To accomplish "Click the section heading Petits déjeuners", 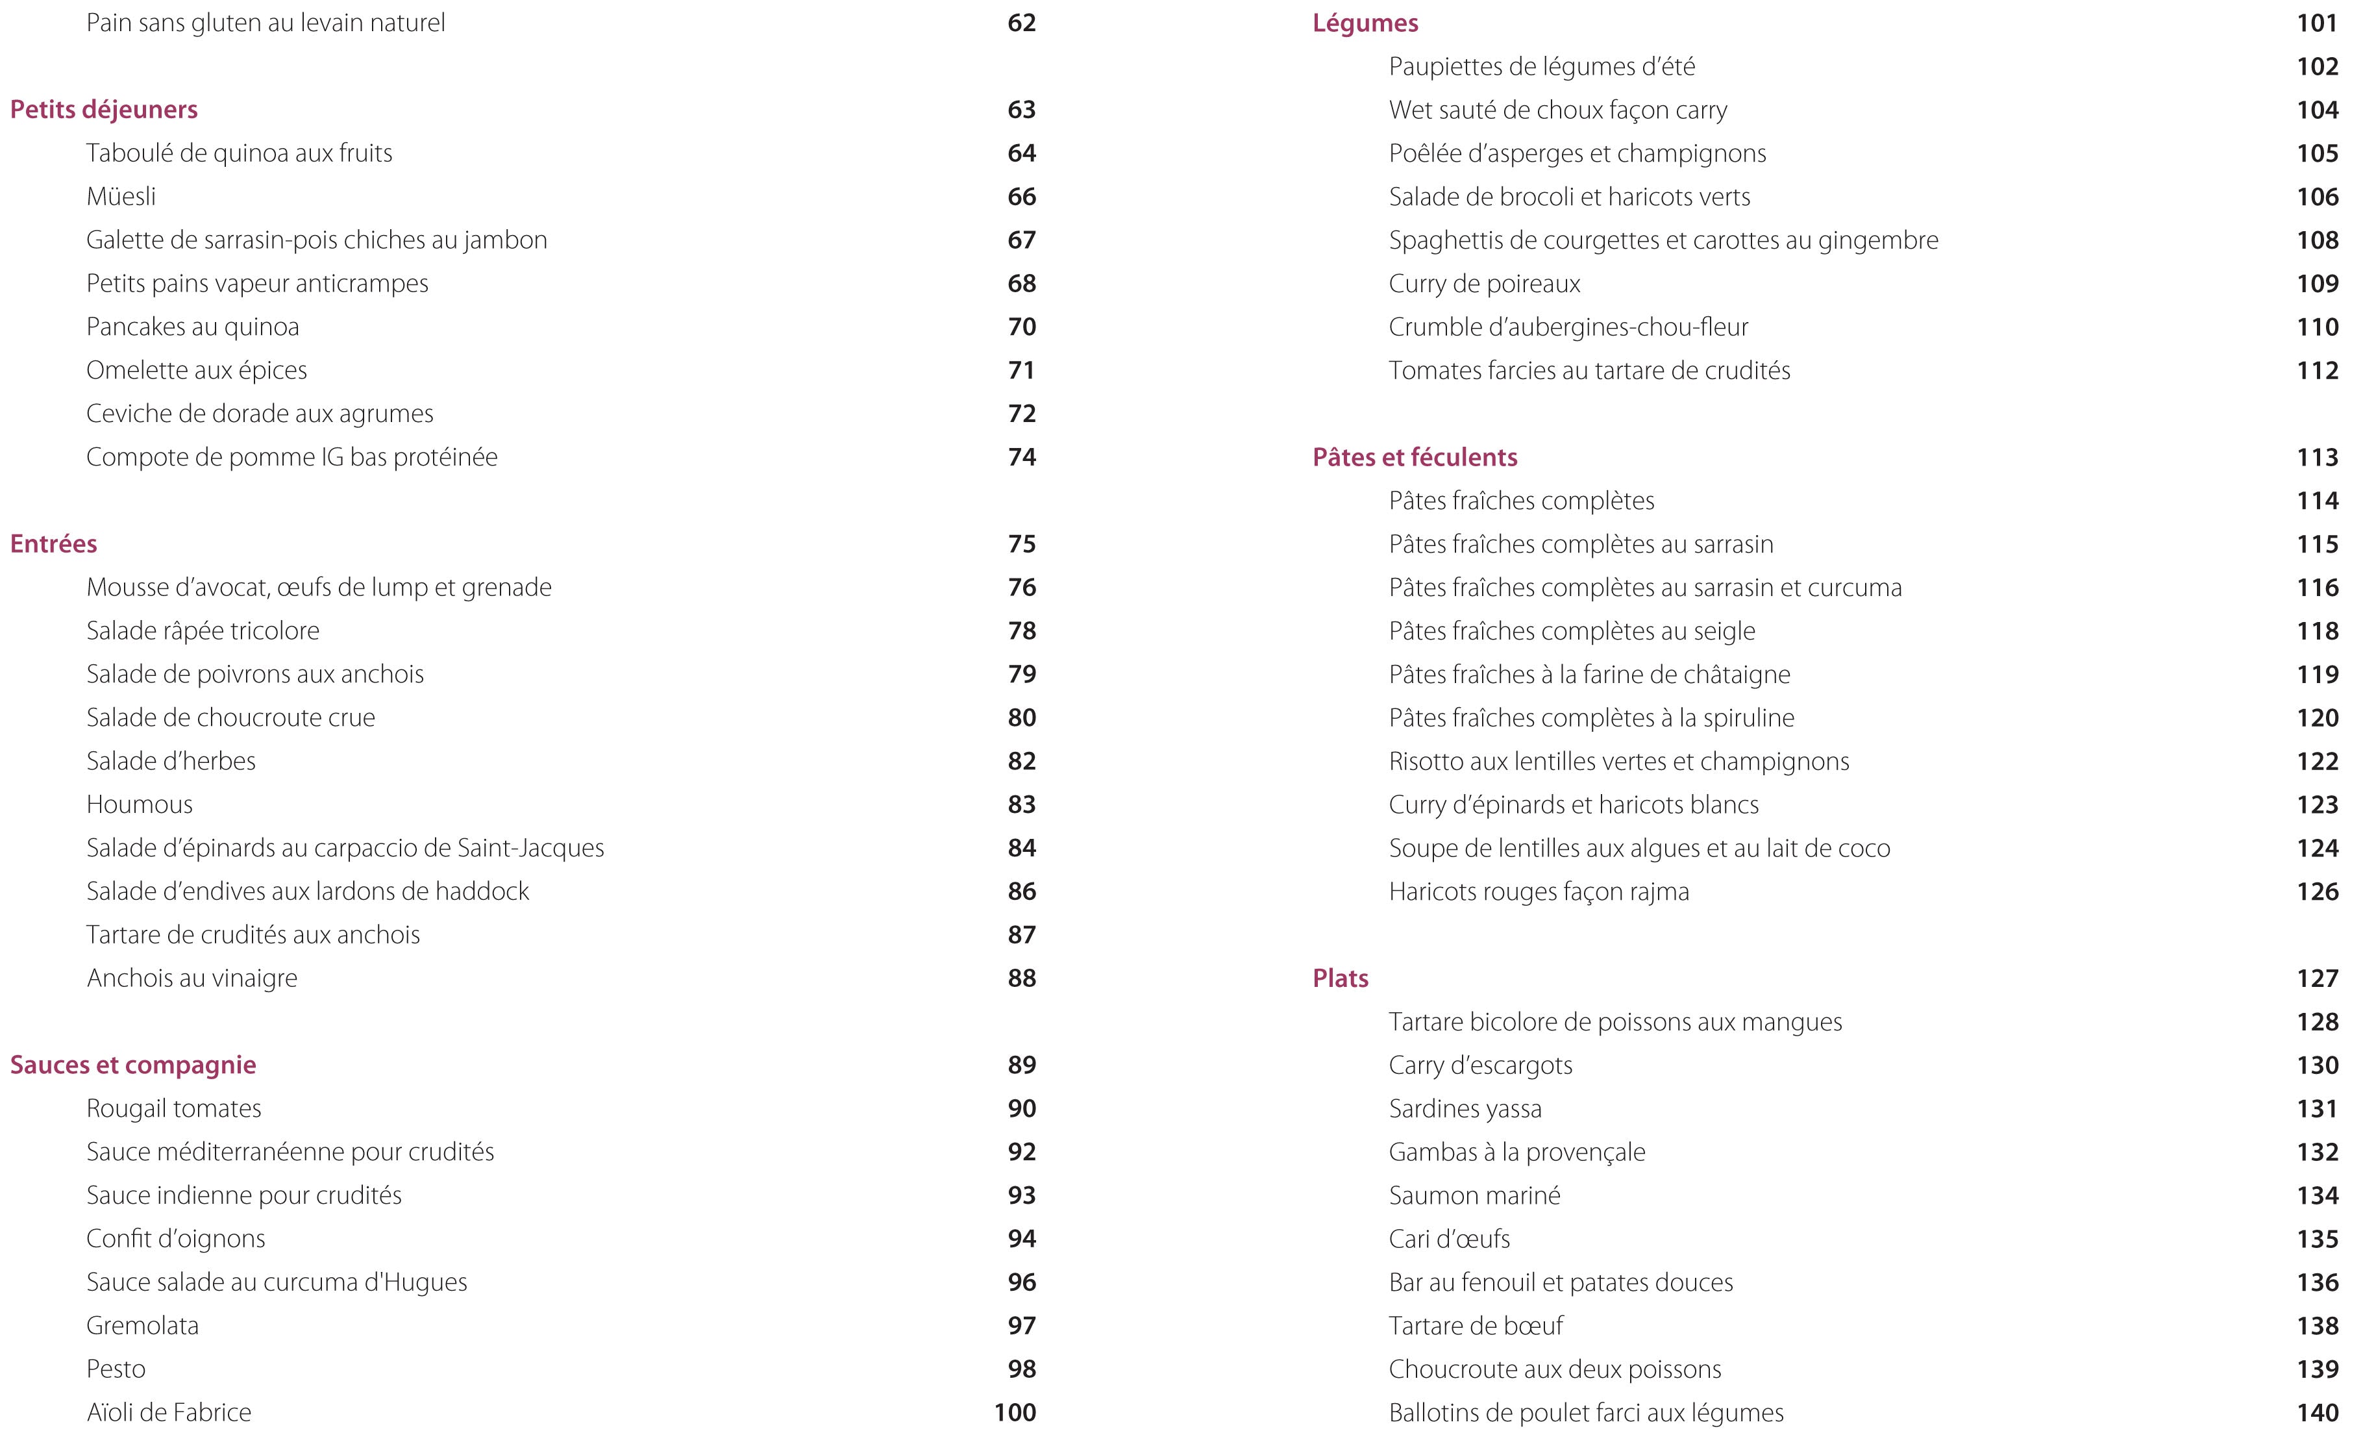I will tap(104, 109).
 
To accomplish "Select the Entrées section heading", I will tap(54, 544).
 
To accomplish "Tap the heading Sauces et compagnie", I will tap(133, 1065).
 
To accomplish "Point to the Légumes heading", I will tap(1365, 23).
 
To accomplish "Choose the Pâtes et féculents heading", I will tap(1415, 458).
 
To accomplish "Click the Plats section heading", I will tap(1340, 978).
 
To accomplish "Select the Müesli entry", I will tap(121, 197).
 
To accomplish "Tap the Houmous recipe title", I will tap(139, 804).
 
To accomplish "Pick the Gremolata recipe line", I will tap(143, 1326).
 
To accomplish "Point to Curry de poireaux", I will tap(1483, 284).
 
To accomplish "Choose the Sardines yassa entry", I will tap(1465, 1109).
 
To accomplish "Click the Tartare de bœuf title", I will tap(1475, 1326).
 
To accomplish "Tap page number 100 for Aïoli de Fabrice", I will tap(1015, 1412).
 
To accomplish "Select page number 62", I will tap(1021, 23).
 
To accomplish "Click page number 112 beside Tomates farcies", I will tap(2317, 370).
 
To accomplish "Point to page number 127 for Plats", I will tap(2317, 978).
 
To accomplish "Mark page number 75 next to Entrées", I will tap(1021, 544).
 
